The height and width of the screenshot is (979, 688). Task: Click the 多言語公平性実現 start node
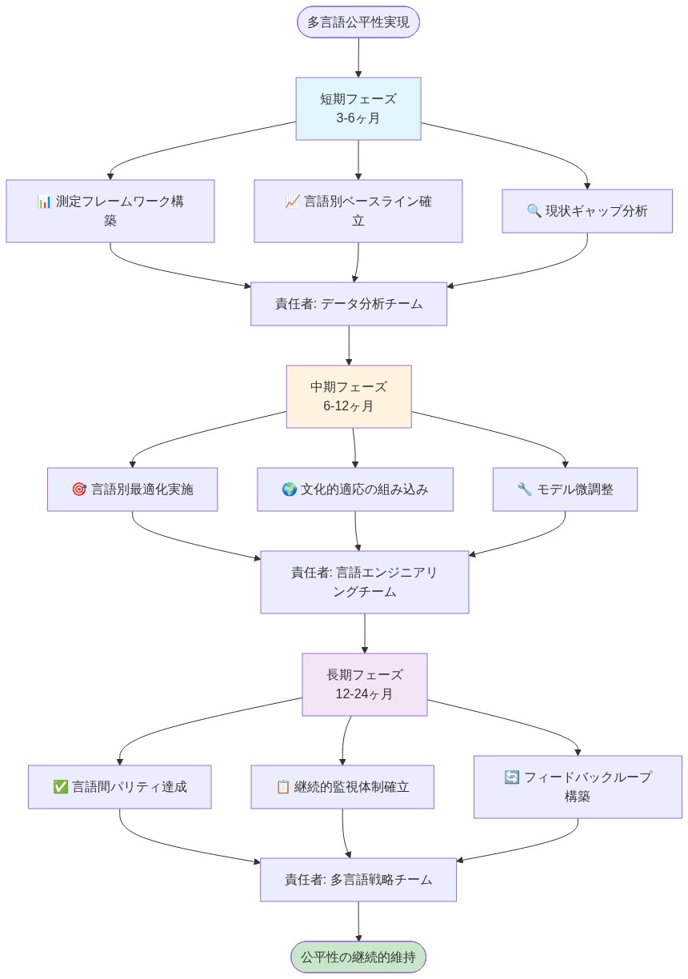coord(358,22)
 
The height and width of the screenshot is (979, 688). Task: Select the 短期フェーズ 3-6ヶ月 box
coord(358,109)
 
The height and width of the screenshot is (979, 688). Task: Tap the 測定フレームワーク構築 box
coord(110,211)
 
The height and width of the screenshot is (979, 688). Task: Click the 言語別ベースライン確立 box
coord(358,211)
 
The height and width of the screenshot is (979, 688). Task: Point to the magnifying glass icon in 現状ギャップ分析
coord(534,211)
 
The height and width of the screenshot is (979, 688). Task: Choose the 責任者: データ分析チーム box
coord(349,304)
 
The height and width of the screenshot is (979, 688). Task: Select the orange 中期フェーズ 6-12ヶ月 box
coord(349,397)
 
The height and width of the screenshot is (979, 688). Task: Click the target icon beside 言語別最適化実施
coord(79,489)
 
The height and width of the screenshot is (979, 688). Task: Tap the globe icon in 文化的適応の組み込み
coord(290,489)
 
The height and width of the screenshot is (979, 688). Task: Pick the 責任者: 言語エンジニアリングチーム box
coord(365,582)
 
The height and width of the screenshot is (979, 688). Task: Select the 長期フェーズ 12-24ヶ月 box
coord(365,685)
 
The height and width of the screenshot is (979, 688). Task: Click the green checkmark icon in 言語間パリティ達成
coord(61,787)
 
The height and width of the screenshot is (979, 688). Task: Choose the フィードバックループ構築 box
coord(578,787)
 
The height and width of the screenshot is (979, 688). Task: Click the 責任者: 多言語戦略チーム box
coord(358,880)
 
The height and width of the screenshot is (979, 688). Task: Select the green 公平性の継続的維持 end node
coord(358,957)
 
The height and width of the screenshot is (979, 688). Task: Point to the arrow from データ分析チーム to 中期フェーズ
coord(349,346)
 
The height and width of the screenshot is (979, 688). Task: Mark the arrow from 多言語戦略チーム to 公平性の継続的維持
coord(358,921)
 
